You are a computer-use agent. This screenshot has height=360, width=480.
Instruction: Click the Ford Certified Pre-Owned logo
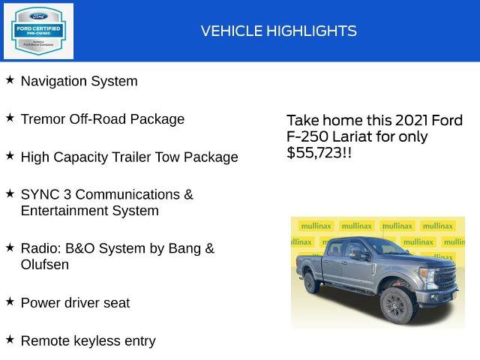click(38, 31)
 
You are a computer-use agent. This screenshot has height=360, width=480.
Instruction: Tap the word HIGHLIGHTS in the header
click(307, 31)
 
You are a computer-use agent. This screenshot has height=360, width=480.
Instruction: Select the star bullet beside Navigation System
click(10, 79)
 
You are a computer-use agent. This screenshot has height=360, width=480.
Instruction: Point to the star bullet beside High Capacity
click(10, 155)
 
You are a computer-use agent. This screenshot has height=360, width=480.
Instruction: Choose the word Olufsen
click(45, 265)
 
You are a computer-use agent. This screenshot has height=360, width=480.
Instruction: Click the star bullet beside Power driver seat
click(10, 301)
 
